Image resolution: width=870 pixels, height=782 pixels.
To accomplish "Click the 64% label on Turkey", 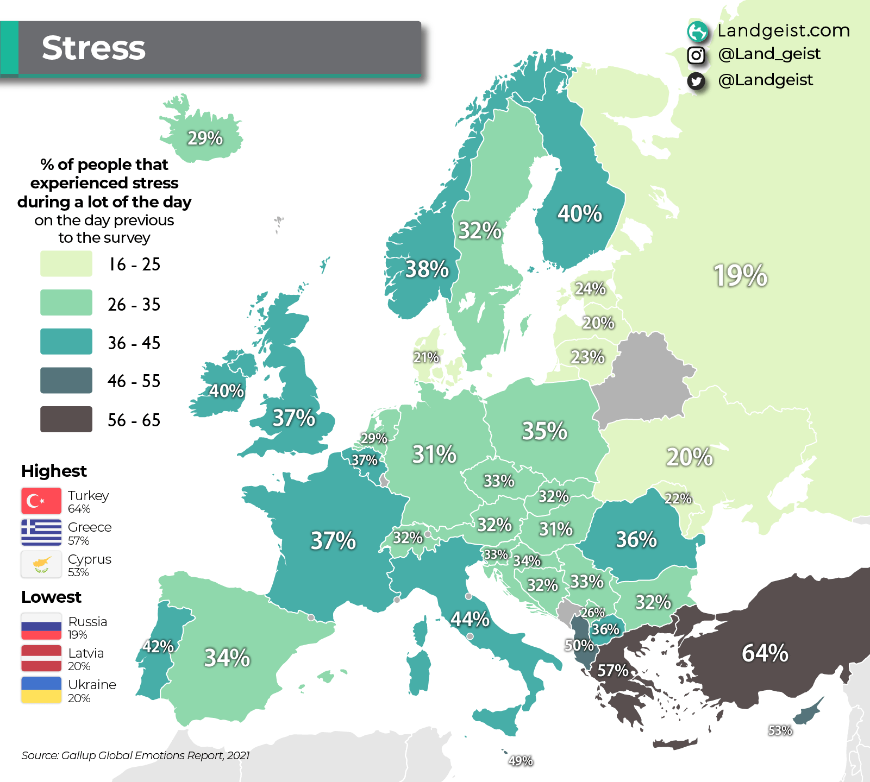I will point(765,653).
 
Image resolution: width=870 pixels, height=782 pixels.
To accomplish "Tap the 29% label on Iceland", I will point(205,138).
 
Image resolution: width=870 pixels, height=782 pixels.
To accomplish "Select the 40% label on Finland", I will point(579,213).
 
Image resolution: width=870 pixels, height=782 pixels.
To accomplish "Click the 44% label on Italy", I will point(470,619).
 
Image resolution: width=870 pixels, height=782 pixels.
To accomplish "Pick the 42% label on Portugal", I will point(158,646).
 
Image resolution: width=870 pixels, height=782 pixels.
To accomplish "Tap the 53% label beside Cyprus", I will point(780,730).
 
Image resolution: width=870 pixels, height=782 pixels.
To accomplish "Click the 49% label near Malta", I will point(520,761).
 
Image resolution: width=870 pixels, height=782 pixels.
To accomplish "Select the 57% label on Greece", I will point(613,671).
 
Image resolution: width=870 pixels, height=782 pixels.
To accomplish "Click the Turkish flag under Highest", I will point(41,501).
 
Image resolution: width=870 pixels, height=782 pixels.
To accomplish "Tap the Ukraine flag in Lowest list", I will point(41,690).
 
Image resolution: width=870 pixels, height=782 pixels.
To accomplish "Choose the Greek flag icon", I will point(41,532).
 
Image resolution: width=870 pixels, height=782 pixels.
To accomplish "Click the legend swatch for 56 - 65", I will point(66,419).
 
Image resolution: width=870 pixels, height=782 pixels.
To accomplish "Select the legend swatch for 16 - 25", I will point(66,264).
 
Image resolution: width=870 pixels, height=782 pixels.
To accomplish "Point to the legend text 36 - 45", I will point(134,343).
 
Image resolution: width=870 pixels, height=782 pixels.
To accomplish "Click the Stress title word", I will point(93,48).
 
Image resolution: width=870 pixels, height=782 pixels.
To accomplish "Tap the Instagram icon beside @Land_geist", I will point(696,55).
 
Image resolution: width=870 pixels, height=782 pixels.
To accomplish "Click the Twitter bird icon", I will point(696,81).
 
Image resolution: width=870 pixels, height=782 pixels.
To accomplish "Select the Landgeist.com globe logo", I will point(697,31).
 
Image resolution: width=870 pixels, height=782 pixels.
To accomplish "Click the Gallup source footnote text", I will point(135,755).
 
